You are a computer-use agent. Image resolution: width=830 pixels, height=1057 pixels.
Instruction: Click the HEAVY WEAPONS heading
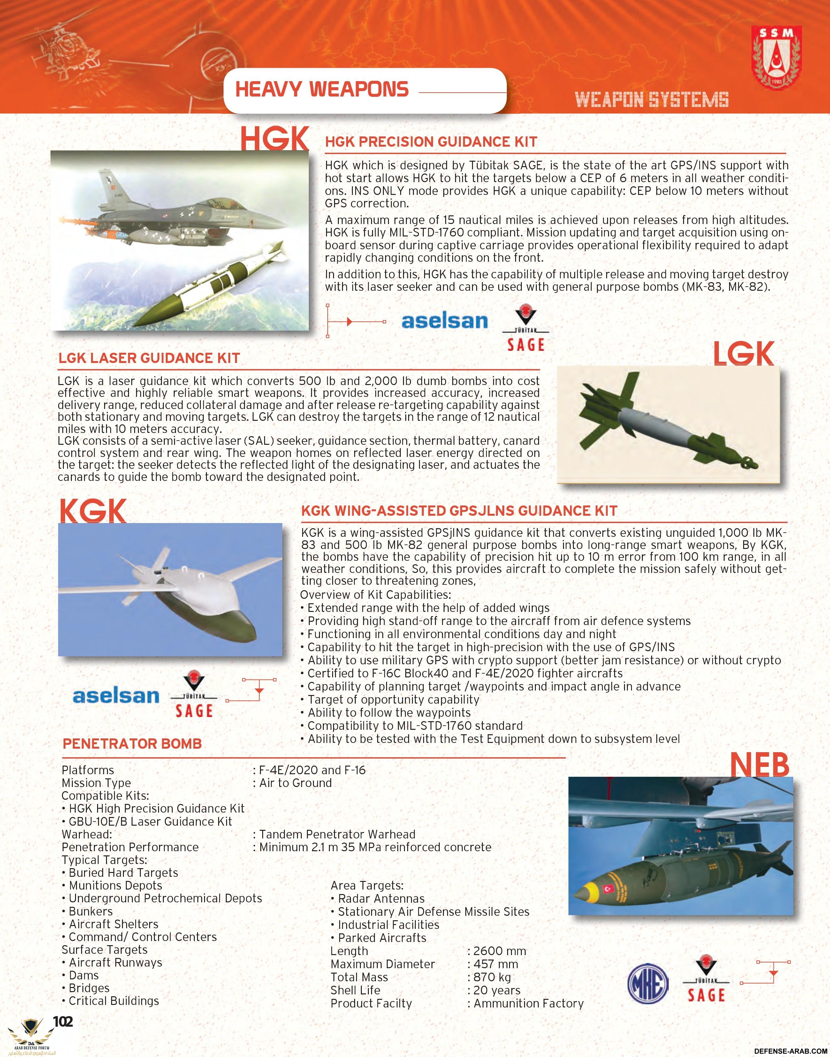(322, 89)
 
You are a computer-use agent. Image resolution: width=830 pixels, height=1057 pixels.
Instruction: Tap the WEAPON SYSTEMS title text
(652, 100)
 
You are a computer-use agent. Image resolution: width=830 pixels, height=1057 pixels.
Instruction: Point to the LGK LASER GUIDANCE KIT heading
(149, 358)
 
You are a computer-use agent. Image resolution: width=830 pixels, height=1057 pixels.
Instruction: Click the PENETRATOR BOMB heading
(132, 744)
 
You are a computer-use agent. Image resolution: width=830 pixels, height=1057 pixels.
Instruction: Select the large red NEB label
(759, 765)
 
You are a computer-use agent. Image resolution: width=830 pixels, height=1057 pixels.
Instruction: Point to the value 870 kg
(492, 977)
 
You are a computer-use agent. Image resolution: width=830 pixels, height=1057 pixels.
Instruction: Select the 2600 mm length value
(499, 951)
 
